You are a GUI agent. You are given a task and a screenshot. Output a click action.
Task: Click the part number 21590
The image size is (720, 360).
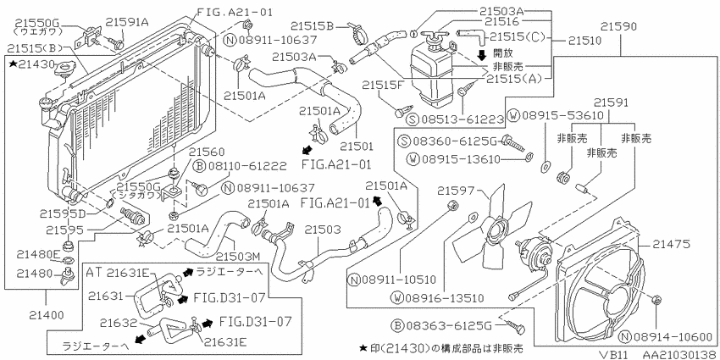[x=619, y=26]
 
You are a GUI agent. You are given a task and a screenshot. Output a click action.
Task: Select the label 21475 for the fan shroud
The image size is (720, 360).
[x=673, y=245]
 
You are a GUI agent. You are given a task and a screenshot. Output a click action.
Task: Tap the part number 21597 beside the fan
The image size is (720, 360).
[x=454, y=190]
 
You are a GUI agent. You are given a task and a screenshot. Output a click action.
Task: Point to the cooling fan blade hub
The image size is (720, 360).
[x=495, y=230]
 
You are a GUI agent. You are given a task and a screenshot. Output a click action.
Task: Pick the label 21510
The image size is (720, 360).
[x=584, y=41]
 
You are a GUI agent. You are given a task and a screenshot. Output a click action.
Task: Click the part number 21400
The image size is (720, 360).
[x=46, y=315]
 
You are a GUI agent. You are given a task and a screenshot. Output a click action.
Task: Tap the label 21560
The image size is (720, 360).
[x=207, y=152]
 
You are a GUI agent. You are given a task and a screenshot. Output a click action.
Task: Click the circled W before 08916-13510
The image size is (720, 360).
[x=396, y=298]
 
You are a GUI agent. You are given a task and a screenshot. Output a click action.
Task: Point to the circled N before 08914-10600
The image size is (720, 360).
[x=624, y=337]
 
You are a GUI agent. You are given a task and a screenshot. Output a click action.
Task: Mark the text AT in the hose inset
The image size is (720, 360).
[x=94, y=272]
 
